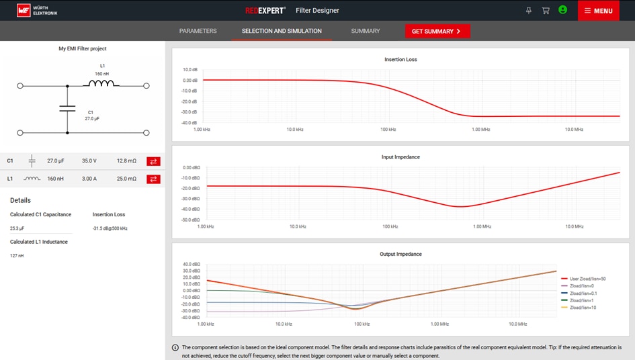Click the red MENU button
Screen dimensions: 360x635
pyautogui.click(x=598, y=11)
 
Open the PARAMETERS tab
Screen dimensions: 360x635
pyautogui.click(x=198, y=31)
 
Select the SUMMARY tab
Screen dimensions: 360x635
pyautogui.click(x=366, y=31)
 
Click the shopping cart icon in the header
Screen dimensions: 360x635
pyautogui.click(x=546, y=11)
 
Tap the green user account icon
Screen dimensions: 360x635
pyautogui.click(x=563, y=10)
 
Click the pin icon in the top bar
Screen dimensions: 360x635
pyautogui.click(x=528, y=11)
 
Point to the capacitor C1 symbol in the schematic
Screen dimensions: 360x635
pyautogui.click(x=67, y=109)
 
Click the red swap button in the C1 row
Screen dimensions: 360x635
pyautogui.click(x=153, y=161)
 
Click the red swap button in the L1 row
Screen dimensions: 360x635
pyautogui.click(x=153, y=179)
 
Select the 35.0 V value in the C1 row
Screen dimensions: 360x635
pyautogui.click(x=89, y=161)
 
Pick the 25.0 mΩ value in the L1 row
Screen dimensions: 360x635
pyautogui.click(x=126, y=179)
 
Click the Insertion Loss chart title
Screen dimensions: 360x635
pyautogui.click(x=400, y=60)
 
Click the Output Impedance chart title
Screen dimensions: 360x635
pyautogui.click(x=400, y=254)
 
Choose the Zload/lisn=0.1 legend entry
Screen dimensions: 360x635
pyautogui.click(x=583, y=293)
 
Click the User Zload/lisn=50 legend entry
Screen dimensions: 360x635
pyautogui.click(x=587, y=278)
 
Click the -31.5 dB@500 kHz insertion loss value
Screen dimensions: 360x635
pyautogui.click(x=110, y=228)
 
